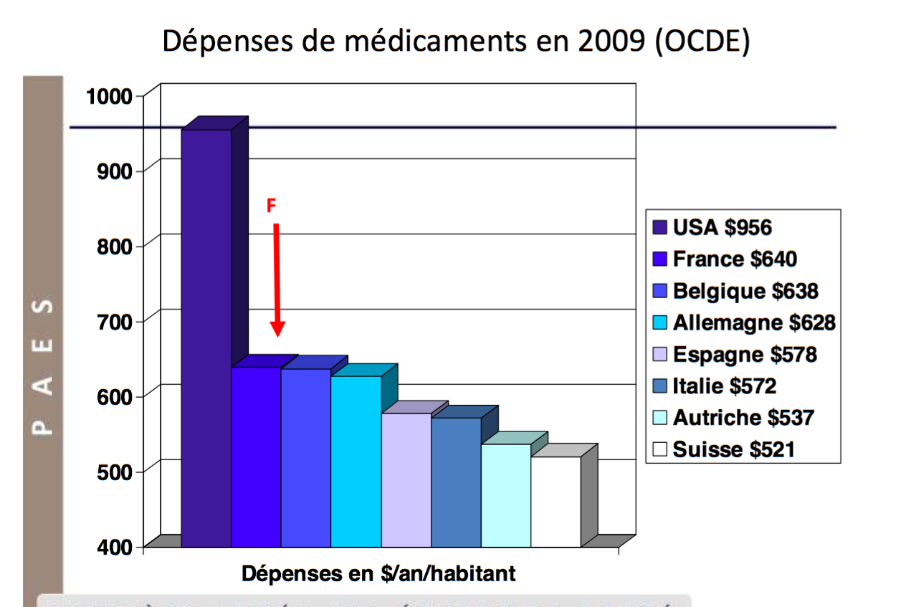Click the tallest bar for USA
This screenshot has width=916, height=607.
click(x=206, y=337)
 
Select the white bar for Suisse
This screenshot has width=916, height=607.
click(x=555, y=502)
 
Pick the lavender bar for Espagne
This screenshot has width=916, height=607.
click(x=406, y=479)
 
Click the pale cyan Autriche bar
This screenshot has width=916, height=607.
click(x=505, y=495)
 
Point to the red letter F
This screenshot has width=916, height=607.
click(x=271, y=206)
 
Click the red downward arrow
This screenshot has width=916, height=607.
click(x=277, y=279)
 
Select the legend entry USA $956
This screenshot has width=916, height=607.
click(x=722, y=228)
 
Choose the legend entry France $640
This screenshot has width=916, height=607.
click(x=735, y=259)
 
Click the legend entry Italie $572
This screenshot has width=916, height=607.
click(x=724, y=386)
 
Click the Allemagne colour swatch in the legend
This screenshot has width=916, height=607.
click(x=660, y=323)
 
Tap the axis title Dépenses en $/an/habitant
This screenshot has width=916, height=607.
click(x=378, y=574)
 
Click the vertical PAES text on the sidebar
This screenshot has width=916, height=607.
click(x=44, y=365)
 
